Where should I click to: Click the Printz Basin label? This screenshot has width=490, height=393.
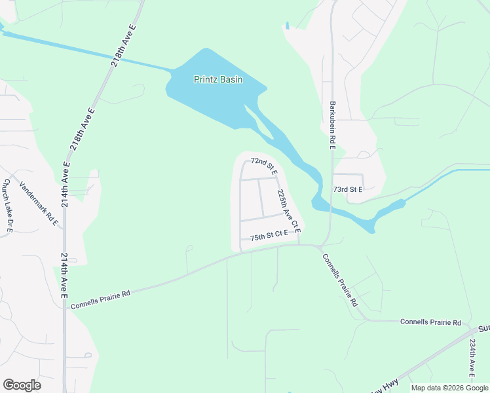(x=218, y=80)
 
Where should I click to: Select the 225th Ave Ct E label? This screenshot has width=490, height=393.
(x=288, y=212)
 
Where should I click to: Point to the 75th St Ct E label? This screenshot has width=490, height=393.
(x=269, y=234)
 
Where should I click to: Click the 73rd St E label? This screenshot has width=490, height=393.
(x=348, y=189)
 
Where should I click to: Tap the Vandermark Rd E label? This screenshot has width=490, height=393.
(x=39, y=204)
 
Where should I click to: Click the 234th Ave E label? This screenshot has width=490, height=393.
(x=471, y=358)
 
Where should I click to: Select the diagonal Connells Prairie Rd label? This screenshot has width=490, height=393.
(x=341, y=280)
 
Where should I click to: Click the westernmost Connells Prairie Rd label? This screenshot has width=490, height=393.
(x=101, y=299)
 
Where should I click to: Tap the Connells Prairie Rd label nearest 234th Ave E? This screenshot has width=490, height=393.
(x=430, y=323)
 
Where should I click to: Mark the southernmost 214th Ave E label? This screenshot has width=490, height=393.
(x=64, y=276)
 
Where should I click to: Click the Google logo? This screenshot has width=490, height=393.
(x=22, y=385)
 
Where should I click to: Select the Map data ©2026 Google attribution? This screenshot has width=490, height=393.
(x=449, y=388)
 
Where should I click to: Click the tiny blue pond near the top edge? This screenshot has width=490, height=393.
(x=287, y=26)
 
